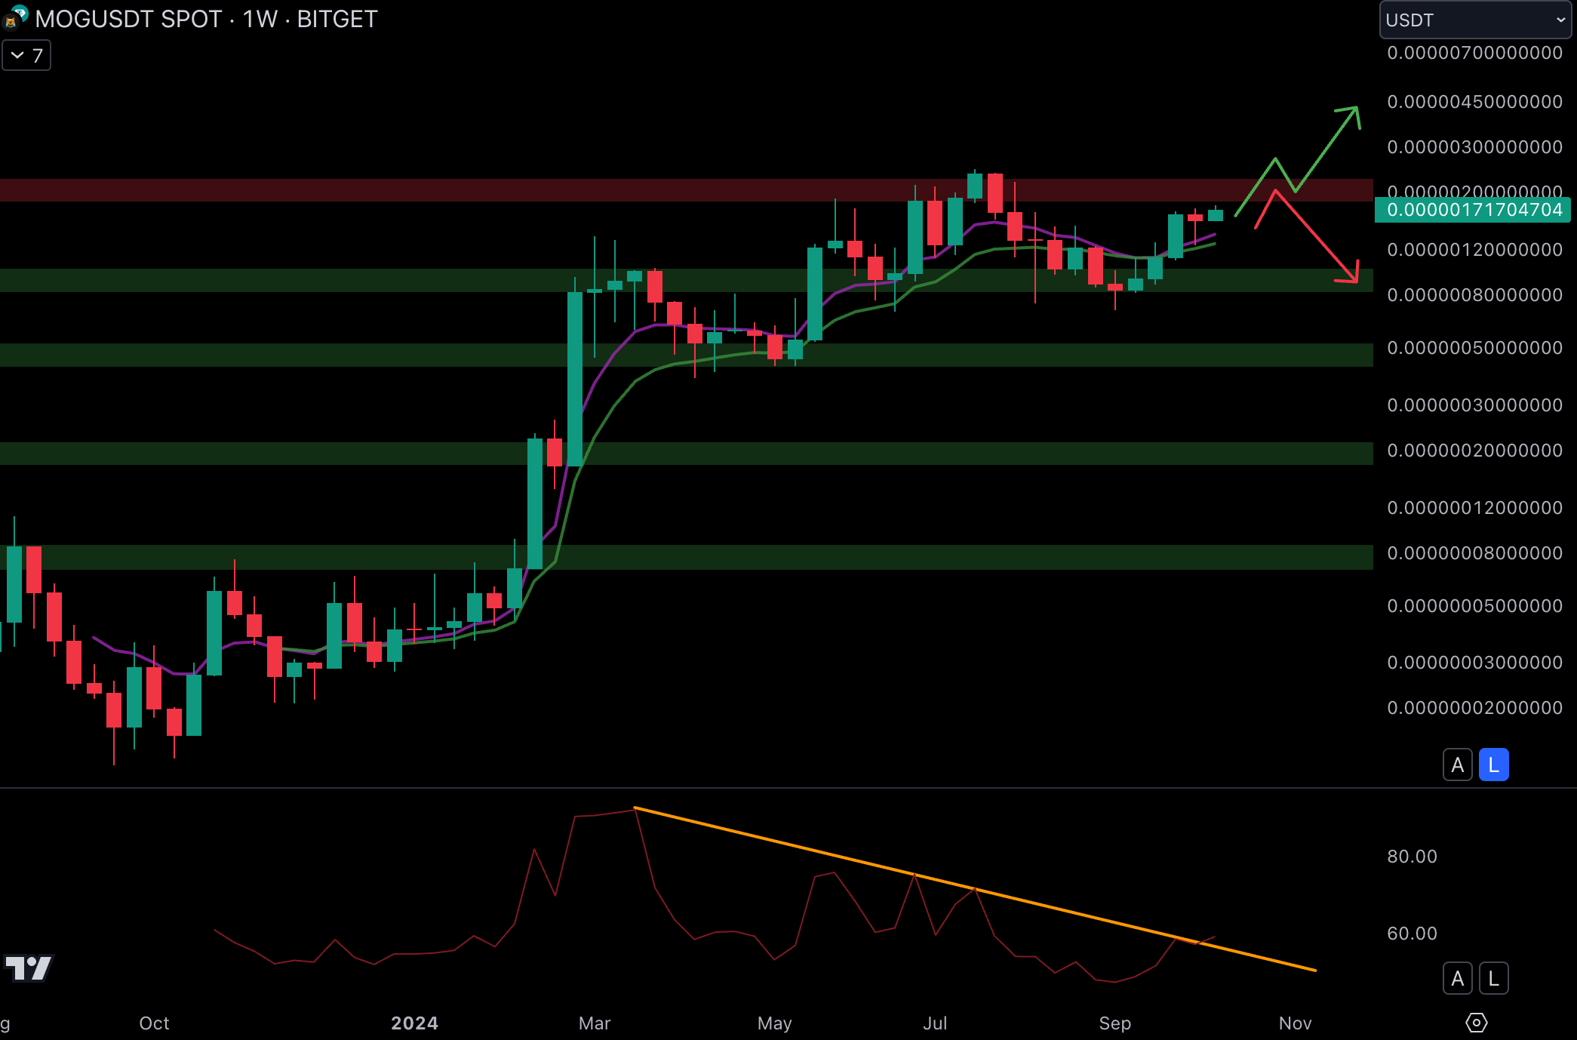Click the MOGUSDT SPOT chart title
tap(206, 19)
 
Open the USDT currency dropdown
tap(1474, 20)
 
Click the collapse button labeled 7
tap(26, 56)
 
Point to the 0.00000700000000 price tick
tap(1474, 53)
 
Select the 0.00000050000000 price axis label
tap(1474, 348)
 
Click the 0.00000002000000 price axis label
tap(1474, 708)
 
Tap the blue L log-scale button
tap(1493, 765)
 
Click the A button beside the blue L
tap(1458, 765)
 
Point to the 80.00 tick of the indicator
tap(1412, 857)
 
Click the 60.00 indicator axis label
tap(1412, 934)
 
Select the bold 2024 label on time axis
tap(414, 1023)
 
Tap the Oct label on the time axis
tap(154, 1023)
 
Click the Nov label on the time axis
tap(1295, 1023)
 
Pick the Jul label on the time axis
tap(935, 1023)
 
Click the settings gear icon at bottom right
tap(1476, 1023)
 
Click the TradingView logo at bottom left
tap(28, 968)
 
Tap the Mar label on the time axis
tap(595, 1023)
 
